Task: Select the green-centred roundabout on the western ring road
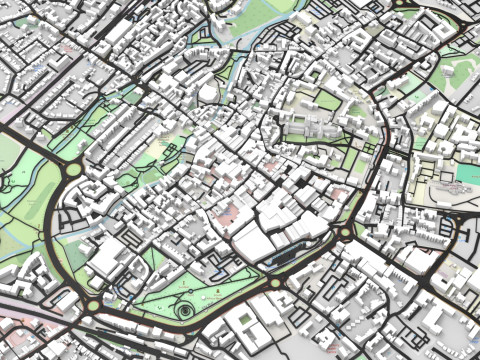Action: coord(72,169)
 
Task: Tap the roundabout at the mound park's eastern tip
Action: coord(275,284)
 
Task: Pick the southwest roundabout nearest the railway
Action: coord(93,305)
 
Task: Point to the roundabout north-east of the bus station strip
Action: coord(346,236)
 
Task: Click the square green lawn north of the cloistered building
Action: coord(328,101)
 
